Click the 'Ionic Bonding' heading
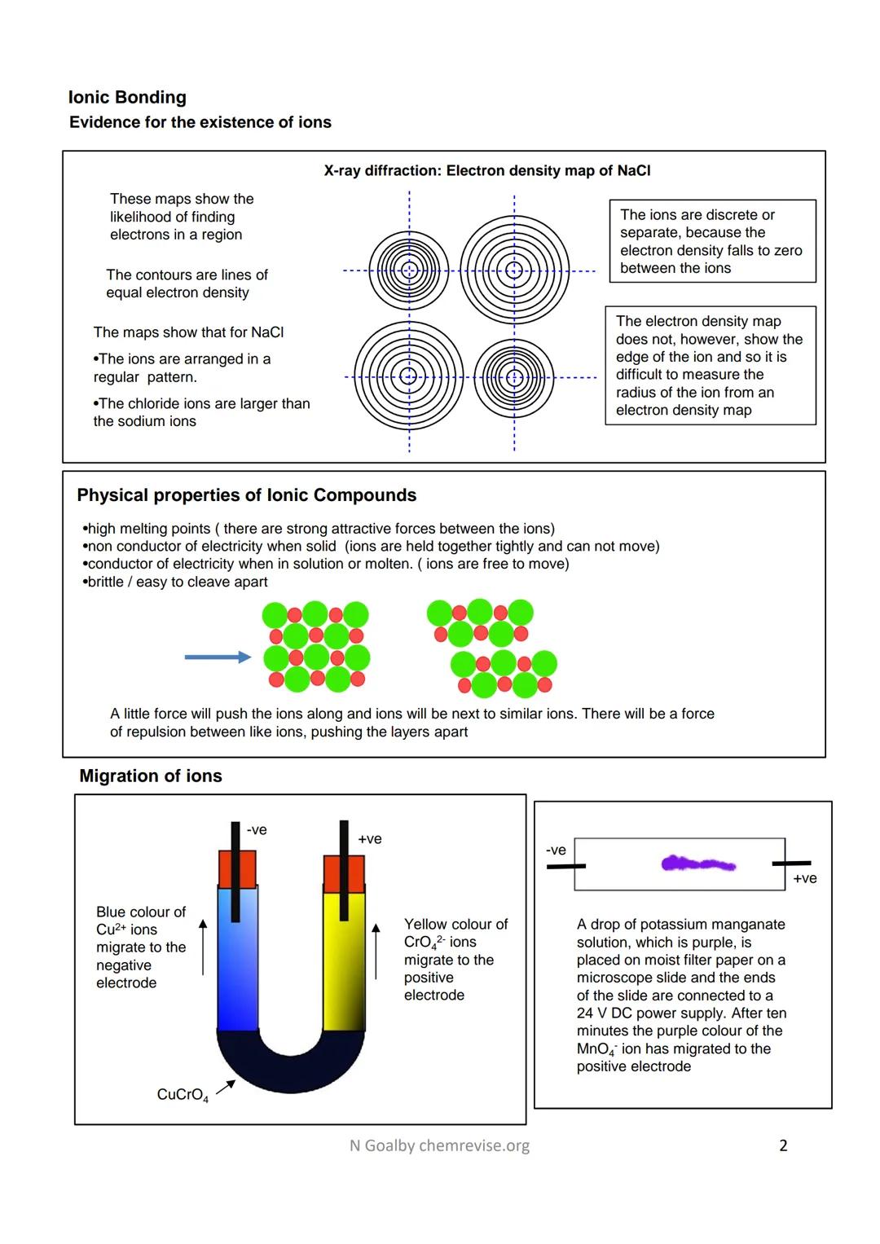pos(127,98)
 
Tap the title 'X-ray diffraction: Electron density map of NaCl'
pos(486,171)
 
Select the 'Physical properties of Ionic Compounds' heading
pos(246,495)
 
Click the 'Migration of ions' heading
pos(150,776)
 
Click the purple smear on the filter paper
pos(698,864)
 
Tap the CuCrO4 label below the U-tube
pos(183,1095)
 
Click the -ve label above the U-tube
pos(257,830)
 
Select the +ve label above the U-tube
pos(369,839)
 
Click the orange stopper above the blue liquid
pos(236,868)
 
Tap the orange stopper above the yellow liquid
pos(344,873)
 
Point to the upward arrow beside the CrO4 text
pos(376,951)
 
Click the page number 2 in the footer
pos(783,1145)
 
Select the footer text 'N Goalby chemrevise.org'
pos(439,1145)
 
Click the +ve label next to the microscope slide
pos(804,878)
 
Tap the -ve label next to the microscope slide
pos(556,850)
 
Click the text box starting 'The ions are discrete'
pos(711,241)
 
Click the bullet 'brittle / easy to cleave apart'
pos(177,582)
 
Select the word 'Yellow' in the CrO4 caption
pos(425,924)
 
